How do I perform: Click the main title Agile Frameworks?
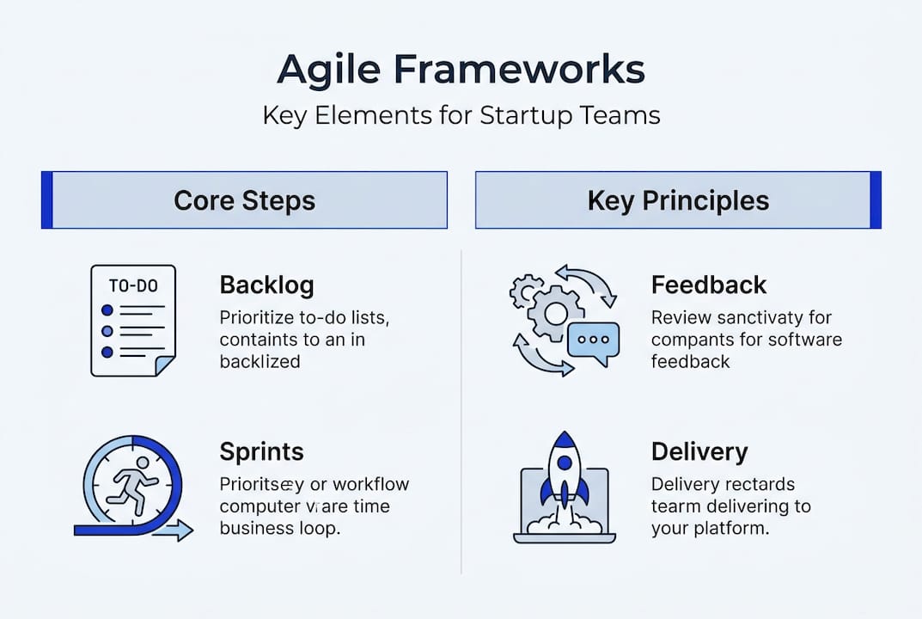(461, 70)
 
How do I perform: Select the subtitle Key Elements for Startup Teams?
(461, 115)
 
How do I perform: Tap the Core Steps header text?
(245, 200)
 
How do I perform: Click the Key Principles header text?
(678, 200)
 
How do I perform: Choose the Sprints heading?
(261, 451)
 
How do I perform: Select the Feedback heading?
(709, 285)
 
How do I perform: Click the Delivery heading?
(699, 451)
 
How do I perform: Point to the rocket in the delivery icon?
(565, 478)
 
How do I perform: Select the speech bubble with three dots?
(593, 340)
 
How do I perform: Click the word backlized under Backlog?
(260, 361)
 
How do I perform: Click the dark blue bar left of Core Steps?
(47, 200)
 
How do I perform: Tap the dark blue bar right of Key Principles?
(876, 200)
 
